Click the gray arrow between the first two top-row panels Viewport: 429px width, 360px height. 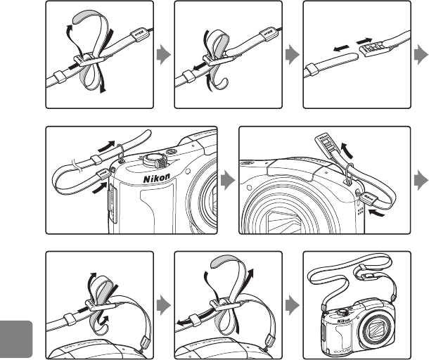pos(163,56)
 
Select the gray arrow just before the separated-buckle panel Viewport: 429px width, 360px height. pos(290,56)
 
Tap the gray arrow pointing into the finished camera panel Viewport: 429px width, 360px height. pos(290,304)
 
